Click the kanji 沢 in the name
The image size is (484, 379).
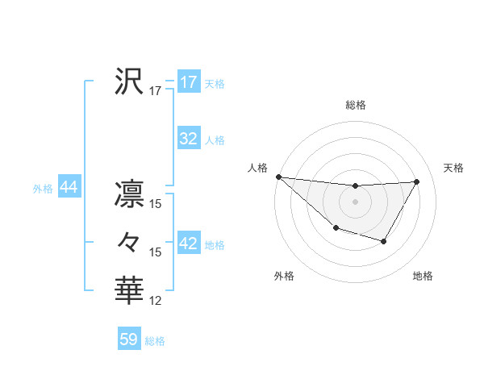tap(129, 81)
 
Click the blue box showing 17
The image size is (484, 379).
tap(188, 82)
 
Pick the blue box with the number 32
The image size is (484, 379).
tap(188, 139)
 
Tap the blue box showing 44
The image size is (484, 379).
tap(69, 188)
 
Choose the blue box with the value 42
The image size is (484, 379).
tap(188, 244)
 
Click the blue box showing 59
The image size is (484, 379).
tap(129, 339)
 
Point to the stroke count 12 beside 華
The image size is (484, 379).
tap(156, 301)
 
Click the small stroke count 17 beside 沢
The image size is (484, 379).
tap(156, 91)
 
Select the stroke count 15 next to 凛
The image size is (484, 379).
tap(156, 204)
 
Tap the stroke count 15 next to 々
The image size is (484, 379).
tap(156, 252)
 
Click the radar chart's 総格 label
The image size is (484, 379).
tap(355, 105)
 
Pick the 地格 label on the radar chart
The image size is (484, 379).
tap(423, 277)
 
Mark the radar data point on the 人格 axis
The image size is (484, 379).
tap(278, 177)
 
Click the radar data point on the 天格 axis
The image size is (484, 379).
tap(417, 181)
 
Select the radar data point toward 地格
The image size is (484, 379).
tap(384, 241)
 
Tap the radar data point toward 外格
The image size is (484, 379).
tap(336, 229)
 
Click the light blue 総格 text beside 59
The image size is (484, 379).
tap(155, 341)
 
